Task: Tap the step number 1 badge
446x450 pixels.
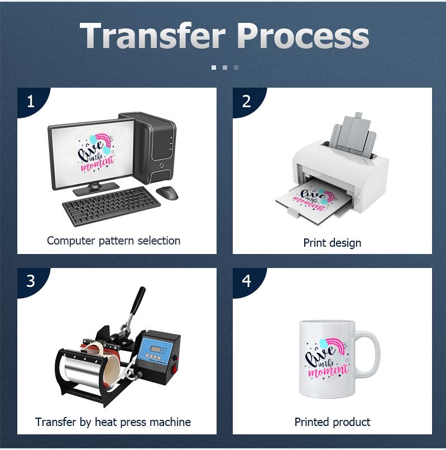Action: (x=31, y=101)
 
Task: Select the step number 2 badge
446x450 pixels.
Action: (x=246, y=101)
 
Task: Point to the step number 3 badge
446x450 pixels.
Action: (x=31, y=281)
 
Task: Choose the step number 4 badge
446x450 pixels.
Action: (x=246, y=281)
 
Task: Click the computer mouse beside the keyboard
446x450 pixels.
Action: (x=167, y=193)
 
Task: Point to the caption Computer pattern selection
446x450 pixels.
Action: (x=113, y=241)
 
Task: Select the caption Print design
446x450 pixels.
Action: (x=332, y=243)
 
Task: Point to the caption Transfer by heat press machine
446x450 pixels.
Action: (x=113, y=422)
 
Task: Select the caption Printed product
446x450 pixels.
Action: (x=332, y=422)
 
